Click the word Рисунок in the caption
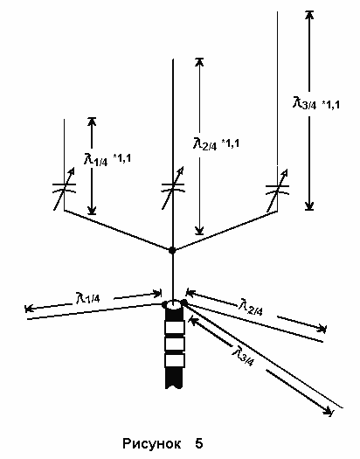coord(151,444)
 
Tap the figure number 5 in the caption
coord(199,443)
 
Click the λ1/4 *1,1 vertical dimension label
coord(107,159)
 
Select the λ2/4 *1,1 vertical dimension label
coord(216,143)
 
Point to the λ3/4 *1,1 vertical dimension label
coord(316,103)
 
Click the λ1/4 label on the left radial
coord(87,298)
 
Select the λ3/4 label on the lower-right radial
coord(243,355)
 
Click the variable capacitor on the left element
coord(65,188)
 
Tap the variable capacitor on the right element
coord(277,190)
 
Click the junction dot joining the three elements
coord(172,250)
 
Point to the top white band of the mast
coord(175,327)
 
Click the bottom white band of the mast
coord(175,360)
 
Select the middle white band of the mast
coord(175,344)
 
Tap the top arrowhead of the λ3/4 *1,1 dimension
coord(309,15)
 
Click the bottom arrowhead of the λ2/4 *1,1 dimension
coord(199,230)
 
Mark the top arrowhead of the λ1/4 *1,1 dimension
coord(92,122)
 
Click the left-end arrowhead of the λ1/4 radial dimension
coord(30,309)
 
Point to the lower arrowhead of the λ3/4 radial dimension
coord(329,411)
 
